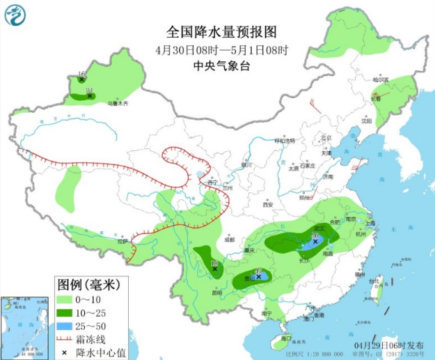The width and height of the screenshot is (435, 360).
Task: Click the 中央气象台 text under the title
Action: pos(221,65)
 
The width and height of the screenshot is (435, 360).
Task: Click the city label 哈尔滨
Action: pos(379,80)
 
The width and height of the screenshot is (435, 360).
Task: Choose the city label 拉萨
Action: pos(124,241)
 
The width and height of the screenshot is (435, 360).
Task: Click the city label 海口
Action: pos(283,338)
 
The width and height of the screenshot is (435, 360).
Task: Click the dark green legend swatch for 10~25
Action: pos(65,312)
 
